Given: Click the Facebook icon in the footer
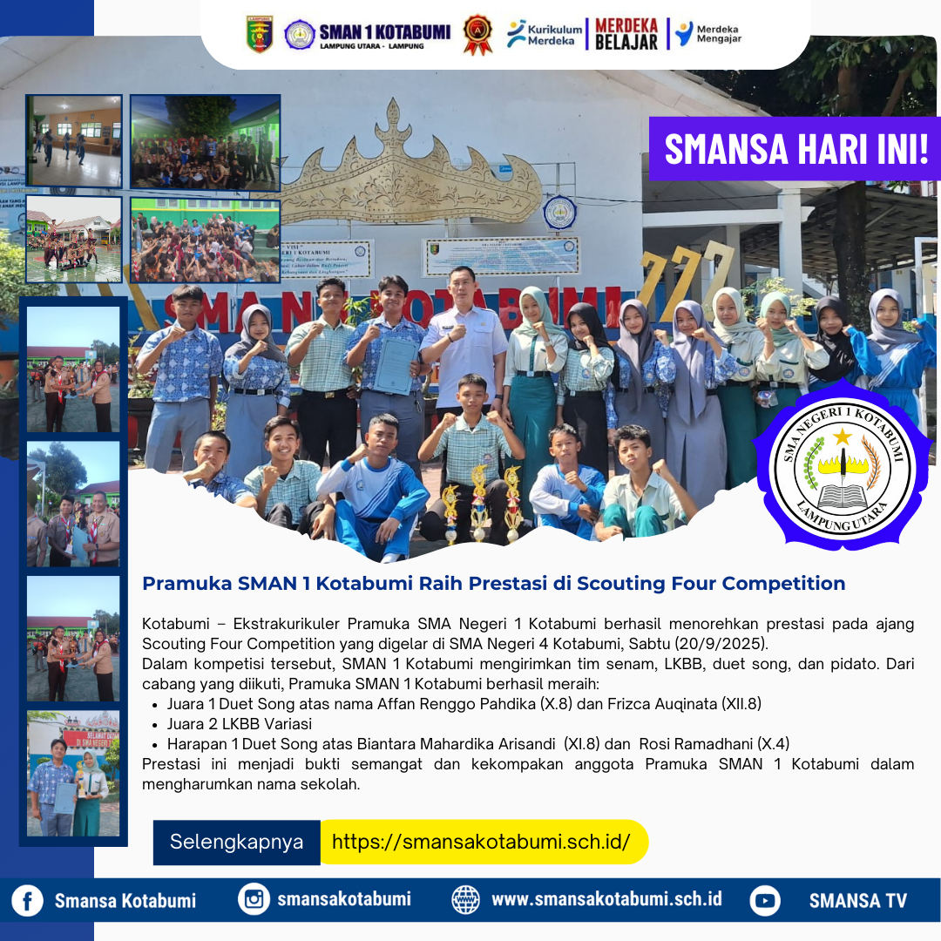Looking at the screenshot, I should (x=27, y=900).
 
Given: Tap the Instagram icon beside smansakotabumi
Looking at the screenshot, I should (x=254, y=899).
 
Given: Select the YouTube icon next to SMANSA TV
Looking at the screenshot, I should (x=765, y=900).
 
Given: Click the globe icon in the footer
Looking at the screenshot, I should (x=466, y=899).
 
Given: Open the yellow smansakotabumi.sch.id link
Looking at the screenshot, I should (x=481, y=842).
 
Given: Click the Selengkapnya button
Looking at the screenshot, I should (x=236, y=842).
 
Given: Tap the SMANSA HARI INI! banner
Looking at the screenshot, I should (x=795, y=149).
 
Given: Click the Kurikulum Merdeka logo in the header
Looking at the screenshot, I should (x=545, y=34).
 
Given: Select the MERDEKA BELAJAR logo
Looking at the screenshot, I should (x=626, y=34).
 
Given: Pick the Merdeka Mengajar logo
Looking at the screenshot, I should (x=707, y=34).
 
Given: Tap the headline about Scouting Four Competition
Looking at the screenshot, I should (x=494, y=584).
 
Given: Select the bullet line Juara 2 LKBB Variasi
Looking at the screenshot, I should (x=240, y=724).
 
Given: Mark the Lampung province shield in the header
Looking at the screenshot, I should (x=259, y=34).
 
